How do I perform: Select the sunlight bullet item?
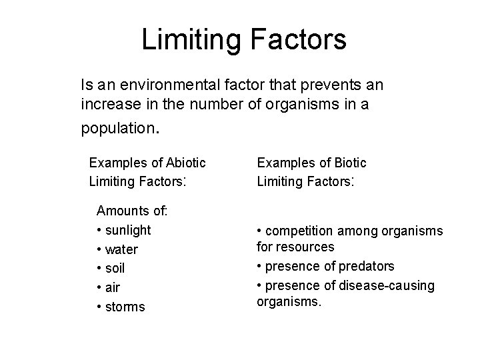click(128, 230)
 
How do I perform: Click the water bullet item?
click(121, 249)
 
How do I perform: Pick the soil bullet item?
click(115, 269)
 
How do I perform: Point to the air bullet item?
click(112, 288)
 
